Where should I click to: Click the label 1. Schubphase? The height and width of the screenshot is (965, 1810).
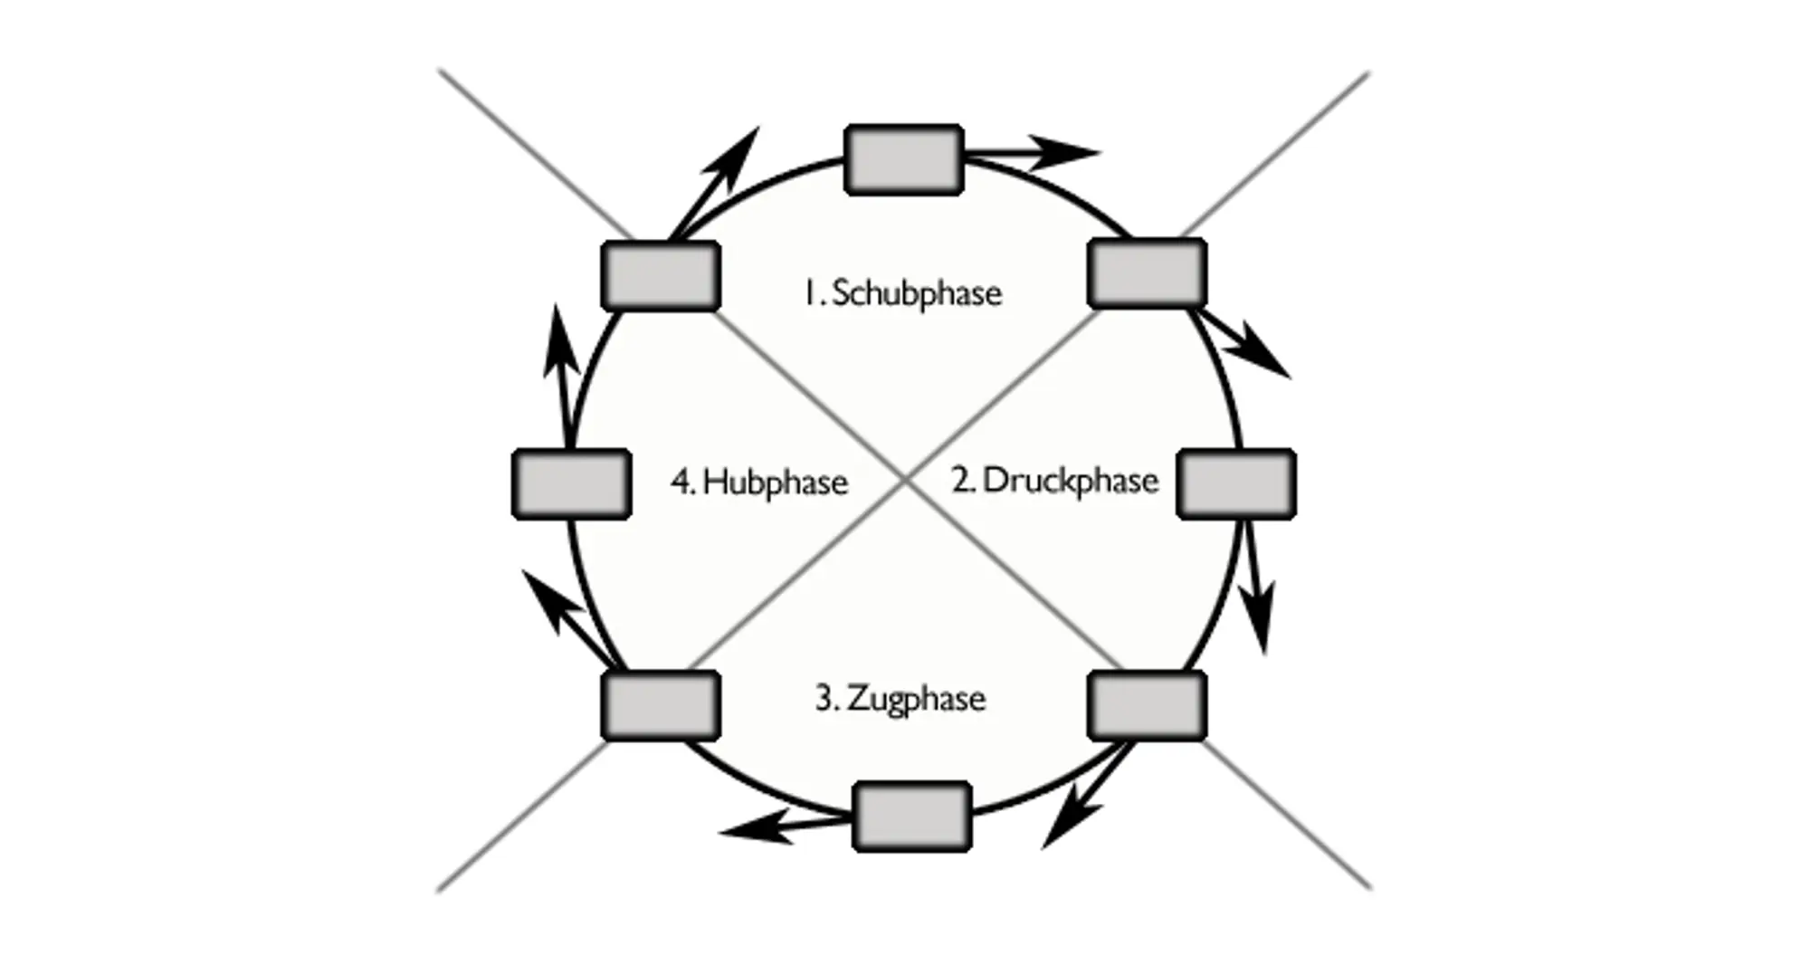pos(903,293)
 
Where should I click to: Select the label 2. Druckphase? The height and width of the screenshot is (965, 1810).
pos(1054,481)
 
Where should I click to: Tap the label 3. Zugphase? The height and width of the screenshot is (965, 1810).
pos(900,699)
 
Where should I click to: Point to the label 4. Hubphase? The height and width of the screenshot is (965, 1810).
pos(759,482)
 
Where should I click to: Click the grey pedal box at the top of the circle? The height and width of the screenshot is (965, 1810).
pos(903,159)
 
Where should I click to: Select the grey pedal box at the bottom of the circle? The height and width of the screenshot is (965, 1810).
pos(912,817)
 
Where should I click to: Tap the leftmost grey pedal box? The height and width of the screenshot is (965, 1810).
pos(571,483)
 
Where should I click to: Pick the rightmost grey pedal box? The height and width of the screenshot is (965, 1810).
pos(1236,483)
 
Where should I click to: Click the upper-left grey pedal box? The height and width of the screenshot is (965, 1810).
pos(661,275)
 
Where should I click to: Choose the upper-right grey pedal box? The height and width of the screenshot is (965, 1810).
pos(1147,272)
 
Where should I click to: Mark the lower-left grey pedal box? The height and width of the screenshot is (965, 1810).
pos(661,705)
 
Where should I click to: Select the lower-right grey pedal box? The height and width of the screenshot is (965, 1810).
pos(1147,705)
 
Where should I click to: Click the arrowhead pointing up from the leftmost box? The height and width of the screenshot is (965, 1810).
pos(559,339)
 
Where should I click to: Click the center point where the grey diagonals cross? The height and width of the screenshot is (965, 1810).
pos(904,482)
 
